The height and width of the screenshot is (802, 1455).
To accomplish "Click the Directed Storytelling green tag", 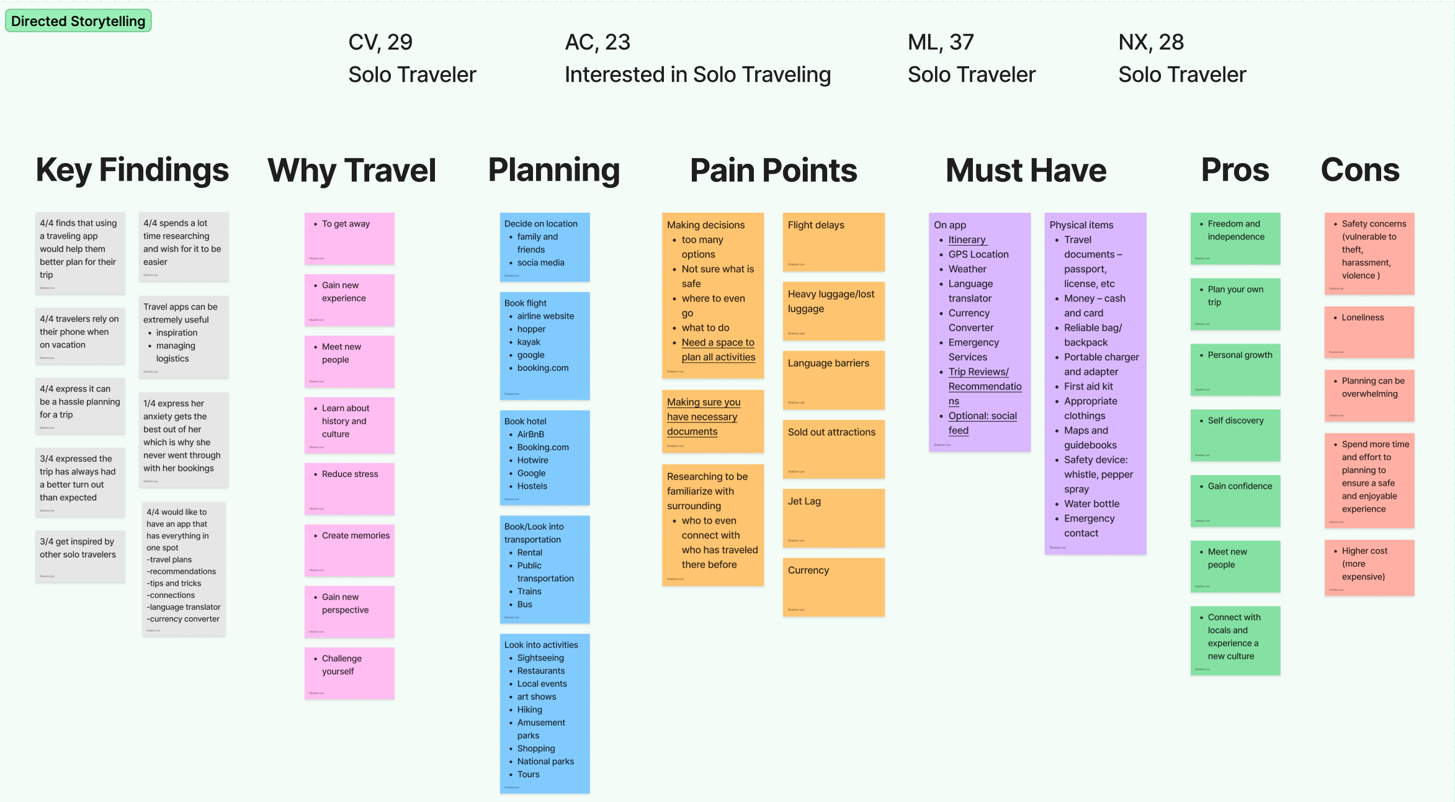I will (78, 21).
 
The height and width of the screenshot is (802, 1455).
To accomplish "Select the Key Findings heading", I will (132, 170).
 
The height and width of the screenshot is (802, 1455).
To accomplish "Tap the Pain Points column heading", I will (773, 171).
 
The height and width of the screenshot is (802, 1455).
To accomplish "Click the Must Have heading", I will (1026, 171).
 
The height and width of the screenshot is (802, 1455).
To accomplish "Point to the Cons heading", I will (1360, 170).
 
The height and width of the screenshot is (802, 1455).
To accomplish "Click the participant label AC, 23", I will (597, 42).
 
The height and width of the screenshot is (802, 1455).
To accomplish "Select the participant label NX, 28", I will (1151, 42).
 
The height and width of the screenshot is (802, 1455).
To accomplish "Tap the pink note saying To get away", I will (349, 238).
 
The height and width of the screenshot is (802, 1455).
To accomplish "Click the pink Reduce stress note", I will (349, 488).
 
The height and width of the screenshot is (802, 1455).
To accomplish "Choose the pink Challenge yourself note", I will (349, 673).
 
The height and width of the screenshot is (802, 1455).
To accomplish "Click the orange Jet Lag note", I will (833, 517).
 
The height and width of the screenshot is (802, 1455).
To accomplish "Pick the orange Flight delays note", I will (833, 241).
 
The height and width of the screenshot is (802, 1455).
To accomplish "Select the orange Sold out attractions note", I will (833, 448).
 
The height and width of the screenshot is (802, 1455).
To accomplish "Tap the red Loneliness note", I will (1369, 332).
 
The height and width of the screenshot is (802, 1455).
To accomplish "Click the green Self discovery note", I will (1235, 435).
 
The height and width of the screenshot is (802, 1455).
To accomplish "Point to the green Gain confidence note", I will (1235, 501).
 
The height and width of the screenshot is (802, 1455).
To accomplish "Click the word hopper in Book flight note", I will (531, 329).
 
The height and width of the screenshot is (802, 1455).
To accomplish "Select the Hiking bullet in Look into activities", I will (529, 710).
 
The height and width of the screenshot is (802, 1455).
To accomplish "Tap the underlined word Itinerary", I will (967, 239).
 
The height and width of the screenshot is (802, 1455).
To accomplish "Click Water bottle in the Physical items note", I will (1091, 504).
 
